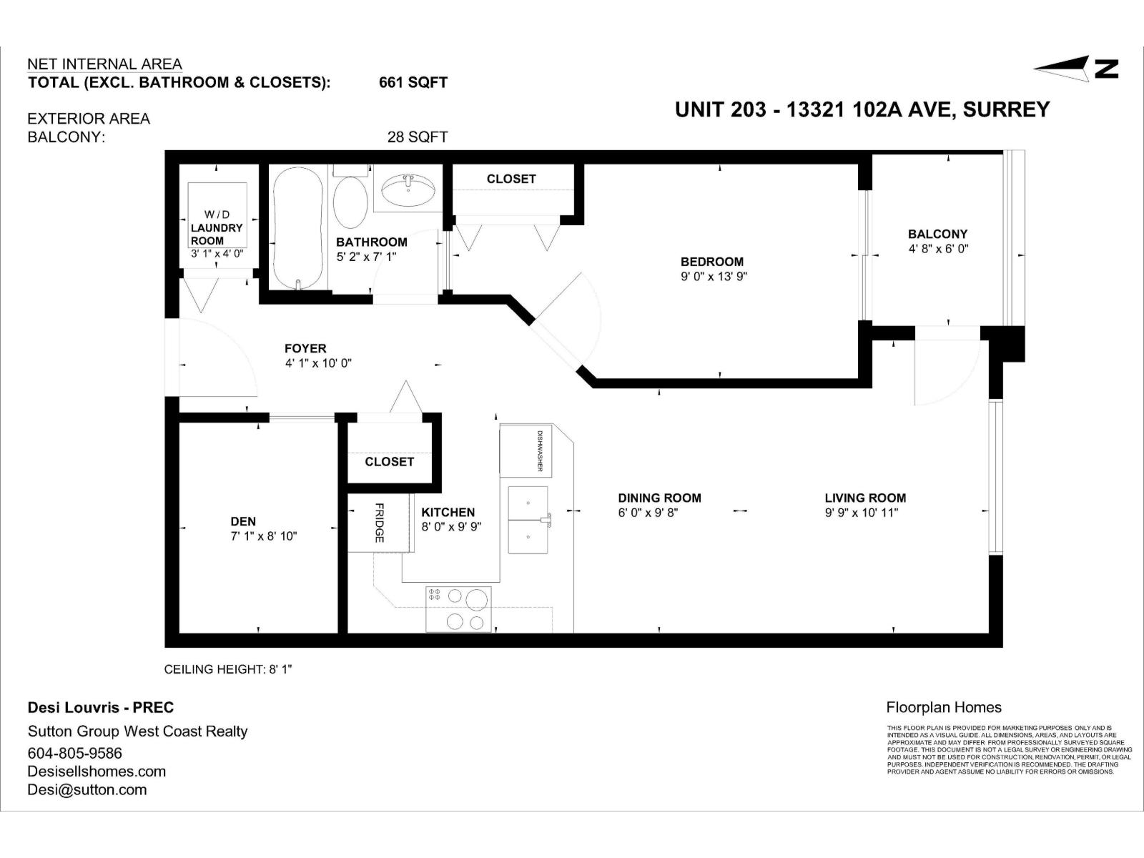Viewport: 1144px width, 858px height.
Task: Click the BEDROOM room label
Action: coord(711,262)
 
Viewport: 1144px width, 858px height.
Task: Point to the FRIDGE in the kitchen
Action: coord(379,523)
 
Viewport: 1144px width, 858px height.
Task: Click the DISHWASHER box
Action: coord(525,450)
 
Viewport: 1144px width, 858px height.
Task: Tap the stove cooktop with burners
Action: coord(458,609)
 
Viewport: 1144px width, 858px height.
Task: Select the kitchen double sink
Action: coord(528,520)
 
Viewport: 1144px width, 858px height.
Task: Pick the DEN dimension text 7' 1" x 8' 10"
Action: coord(263,536)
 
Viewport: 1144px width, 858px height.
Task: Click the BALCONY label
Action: coord(937,234)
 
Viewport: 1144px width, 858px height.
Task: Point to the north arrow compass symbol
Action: coord(1076,69)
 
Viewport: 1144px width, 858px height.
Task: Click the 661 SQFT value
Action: coord(413,82)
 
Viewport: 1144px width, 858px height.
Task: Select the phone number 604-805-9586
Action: coord(75,753)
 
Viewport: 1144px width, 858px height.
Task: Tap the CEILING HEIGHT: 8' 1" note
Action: coord(228,669)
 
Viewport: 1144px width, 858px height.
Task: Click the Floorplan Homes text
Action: coord(943,707)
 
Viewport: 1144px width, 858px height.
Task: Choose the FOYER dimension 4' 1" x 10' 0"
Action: coord(317,363)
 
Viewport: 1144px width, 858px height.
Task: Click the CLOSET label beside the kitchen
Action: coord(389,462)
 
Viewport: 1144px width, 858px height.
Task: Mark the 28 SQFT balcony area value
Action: coord(417,137)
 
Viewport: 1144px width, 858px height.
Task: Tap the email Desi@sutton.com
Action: coord(87,789)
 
